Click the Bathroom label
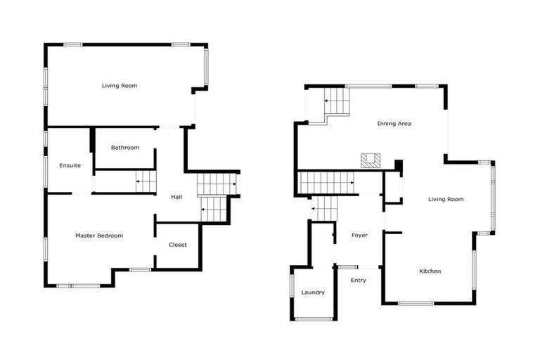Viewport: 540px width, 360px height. (x=125, y=148)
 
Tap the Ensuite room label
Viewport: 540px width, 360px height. (x=70, y=166)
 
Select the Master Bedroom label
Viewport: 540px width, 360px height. (x=99, y=236)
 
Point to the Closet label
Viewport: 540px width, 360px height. (x=178, y=245)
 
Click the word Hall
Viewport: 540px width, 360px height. (x=177, y=197)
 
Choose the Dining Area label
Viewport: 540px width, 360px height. (x=394, y=124)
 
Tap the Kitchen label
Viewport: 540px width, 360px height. (x=430, y=271)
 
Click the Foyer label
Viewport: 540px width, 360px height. (x=359, y=235)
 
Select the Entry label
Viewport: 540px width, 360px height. (x=359, y=280)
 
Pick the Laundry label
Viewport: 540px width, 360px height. (x=313, y=292)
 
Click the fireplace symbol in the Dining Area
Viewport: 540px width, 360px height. (x=371, y=160)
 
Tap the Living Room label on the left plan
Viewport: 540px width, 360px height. (x=119, y=86)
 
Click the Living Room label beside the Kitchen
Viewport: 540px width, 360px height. (x=446, y=199)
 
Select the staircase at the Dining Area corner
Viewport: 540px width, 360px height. (x=336, y=103)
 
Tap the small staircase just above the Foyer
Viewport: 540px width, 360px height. (x=324, y=208)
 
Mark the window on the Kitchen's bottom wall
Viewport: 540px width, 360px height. (x=416, y=303)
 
